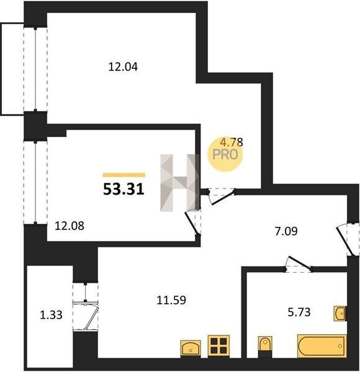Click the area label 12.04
coord(123,67)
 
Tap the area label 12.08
coord(70,226)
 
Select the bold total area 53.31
coord(124,189)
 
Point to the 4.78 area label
coord(232,143)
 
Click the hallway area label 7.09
coord(286,231)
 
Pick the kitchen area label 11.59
coord(171,300)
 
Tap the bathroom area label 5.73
coord(299,312)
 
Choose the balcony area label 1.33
coord(51,315)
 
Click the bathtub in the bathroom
coord(322,346)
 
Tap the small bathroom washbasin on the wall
coord(340,314)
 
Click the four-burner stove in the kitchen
coord(218,346)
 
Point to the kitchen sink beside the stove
coord(191,348)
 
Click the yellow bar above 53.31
coord(124,175)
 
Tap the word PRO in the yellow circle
coord(225,154)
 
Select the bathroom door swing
coord(299,264)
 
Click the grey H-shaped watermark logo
coord(180,183)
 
